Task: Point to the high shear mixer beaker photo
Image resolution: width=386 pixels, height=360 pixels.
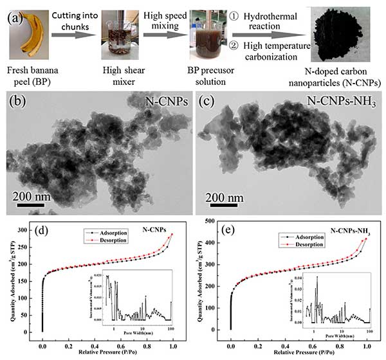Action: click(x=116, y=39)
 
